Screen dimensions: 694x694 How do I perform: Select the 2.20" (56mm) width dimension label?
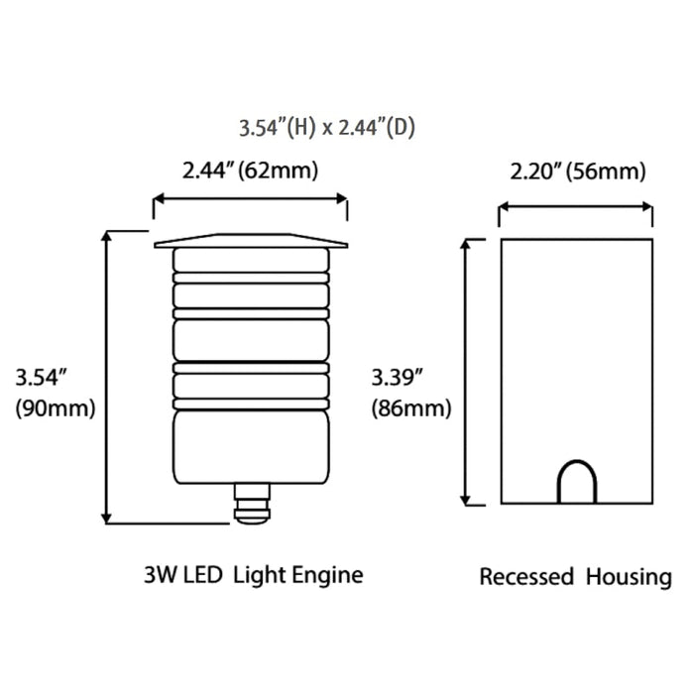[x=578, y=171]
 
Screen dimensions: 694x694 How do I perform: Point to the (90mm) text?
[x=56, y=408]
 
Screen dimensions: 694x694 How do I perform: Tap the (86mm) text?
[x=411, y=407]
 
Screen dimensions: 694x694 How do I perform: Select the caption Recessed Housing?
[x=575, y=577]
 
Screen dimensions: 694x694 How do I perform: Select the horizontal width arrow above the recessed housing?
[x=575, y=209]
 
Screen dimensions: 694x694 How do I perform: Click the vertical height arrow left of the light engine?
[x=106, y=377]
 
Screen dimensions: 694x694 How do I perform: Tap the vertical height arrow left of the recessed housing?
[x=466, y=372]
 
